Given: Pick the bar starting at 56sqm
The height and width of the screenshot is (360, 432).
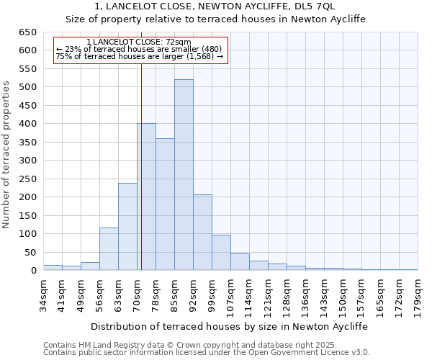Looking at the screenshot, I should tap(109, 249).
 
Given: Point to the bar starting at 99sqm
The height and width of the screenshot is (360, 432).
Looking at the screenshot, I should tap(221, 253).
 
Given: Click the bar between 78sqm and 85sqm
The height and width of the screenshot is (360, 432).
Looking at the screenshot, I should tap(165, 204).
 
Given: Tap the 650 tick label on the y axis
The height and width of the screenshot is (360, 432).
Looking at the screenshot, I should tap(27, 32).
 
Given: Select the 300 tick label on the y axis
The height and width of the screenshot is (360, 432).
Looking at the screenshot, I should tap(27, 161).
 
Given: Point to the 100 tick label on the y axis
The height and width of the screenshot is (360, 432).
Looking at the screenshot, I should tap(27, 234).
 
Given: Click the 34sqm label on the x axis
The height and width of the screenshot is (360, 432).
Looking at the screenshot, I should tap(43, 294).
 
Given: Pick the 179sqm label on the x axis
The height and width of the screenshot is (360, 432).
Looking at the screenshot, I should tap(418, 294).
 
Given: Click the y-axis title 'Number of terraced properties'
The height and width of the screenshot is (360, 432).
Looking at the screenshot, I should tap(7, 155).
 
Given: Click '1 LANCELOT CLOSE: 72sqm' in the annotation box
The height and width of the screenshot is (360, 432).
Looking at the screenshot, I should tap(138, 42).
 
